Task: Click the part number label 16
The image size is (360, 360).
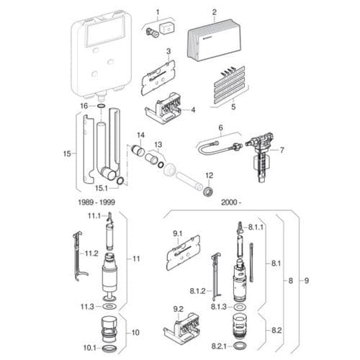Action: click(84, 106)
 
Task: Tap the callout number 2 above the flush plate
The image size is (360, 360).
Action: click(214, 12)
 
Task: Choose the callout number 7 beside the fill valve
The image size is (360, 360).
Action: click(282, 150)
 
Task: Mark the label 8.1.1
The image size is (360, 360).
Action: click(257, 227)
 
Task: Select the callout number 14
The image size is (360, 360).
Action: click(141, 135)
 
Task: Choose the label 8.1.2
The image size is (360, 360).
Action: click(198, 292)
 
